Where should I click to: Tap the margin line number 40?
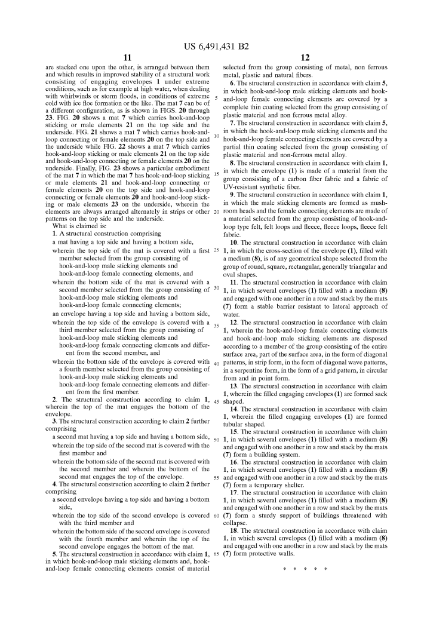click(216, 364)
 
